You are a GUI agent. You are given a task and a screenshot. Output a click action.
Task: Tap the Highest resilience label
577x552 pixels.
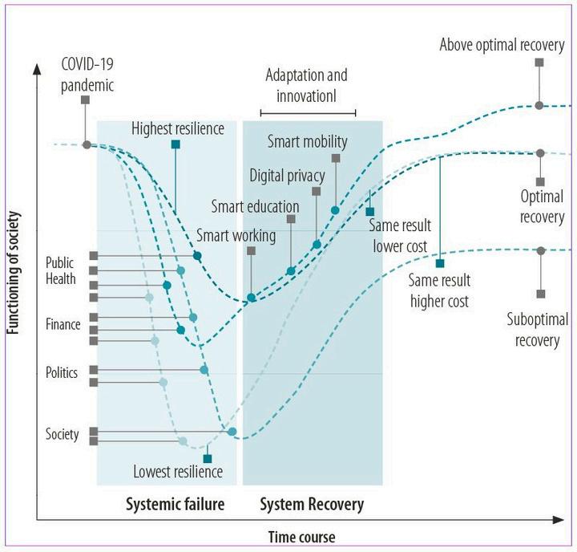[178, 128]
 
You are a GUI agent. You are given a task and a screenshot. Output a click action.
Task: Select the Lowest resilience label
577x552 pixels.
[177, 472]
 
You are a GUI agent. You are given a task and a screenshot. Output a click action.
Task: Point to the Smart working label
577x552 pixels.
[236, 236]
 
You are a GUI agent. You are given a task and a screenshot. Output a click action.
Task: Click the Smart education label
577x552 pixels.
[255, 206]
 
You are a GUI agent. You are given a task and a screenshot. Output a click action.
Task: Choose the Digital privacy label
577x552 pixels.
[287, 175]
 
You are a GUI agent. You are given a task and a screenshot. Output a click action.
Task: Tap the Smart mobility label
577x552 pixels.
[307, 143]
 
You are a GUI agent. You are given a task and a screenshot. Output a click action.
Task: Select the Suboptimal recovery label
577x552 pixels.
[537, 330]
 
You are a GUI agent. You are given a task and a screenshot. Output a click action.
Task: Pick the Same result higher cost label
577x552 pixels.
[439, 290]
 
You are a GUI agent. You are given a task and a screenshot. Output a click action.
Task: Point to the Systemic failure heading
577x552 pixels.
[175, 505]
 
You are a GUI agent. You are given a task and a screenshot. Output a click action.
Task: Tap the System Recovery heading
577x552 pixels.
[313, 505]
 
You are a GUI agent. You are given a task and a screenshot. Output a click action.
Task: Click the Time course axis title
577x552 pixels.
[301, 537]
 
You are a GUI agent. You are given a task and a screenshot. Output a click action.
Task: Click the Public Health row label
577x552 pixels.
[61, 271]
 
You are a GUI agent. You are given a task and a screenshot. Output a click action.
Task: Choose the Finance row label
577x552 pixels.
[63, 325]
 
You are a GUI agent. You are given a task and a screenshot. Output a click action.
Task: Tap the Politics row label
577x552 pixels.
[62, 373]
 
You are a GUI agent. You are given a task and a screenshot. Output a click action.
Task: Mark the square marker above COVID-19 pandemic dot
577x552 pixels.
[85, 99]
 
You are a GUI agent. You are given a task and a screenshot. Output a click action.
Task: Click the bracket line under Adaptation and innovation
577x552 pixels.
[308, 113]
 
